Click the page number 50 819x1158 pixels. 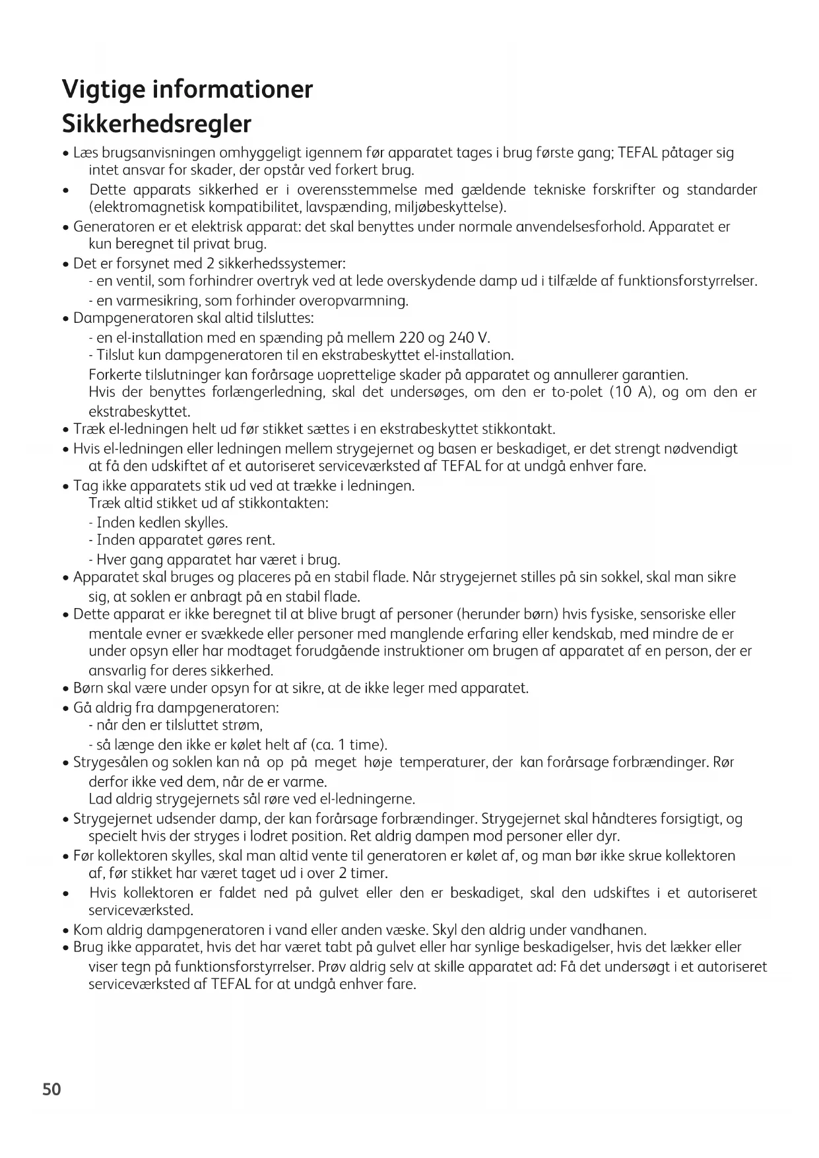[x=51, y=1089]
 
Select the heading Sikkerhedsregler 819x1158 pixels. [x=157, y=123]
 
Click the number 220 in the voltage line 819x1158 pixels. [x=412, y=338]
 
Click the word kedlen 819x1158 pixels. [x=160, y=523]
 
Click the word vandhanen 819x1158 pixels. [x=611, y=930]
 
